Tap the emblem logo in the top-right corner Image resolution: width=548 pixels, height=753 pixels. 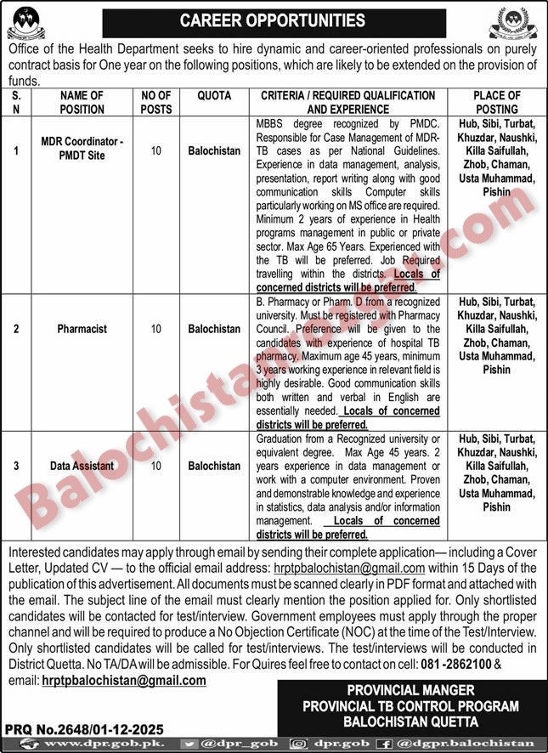[x=515, y=23]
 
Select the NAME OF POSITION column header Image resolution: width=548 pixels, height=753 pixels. [x=82, y=102]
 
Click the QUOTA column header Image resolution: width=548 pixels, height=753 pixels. [x=213, y=96]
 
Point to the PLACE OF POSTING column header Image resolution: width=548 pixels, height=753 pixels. [x=497, y=102]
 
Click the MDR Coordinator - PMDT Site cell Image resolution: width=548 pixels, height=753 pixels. [x=82, y=150]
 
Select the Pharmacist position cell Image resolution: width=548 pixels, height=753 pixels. [x=82, y=328]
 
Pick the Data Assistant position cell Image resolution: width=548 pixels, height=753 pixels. [x=82, y=466]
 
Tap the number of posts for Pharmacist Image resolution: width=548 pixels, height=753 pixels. [x=155, y=328]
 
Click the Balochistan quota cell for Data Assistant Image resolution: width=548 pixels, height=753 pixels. [x=214, y=466]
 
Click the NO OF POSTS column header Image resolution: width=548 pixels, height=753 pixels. [x=155, y=102]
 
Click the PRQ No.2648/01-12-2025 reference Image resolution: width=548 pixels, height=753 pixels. [x=84, y=728]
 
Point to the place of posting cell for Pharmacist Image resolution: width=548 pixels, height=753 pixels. [x=497, y=335]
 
